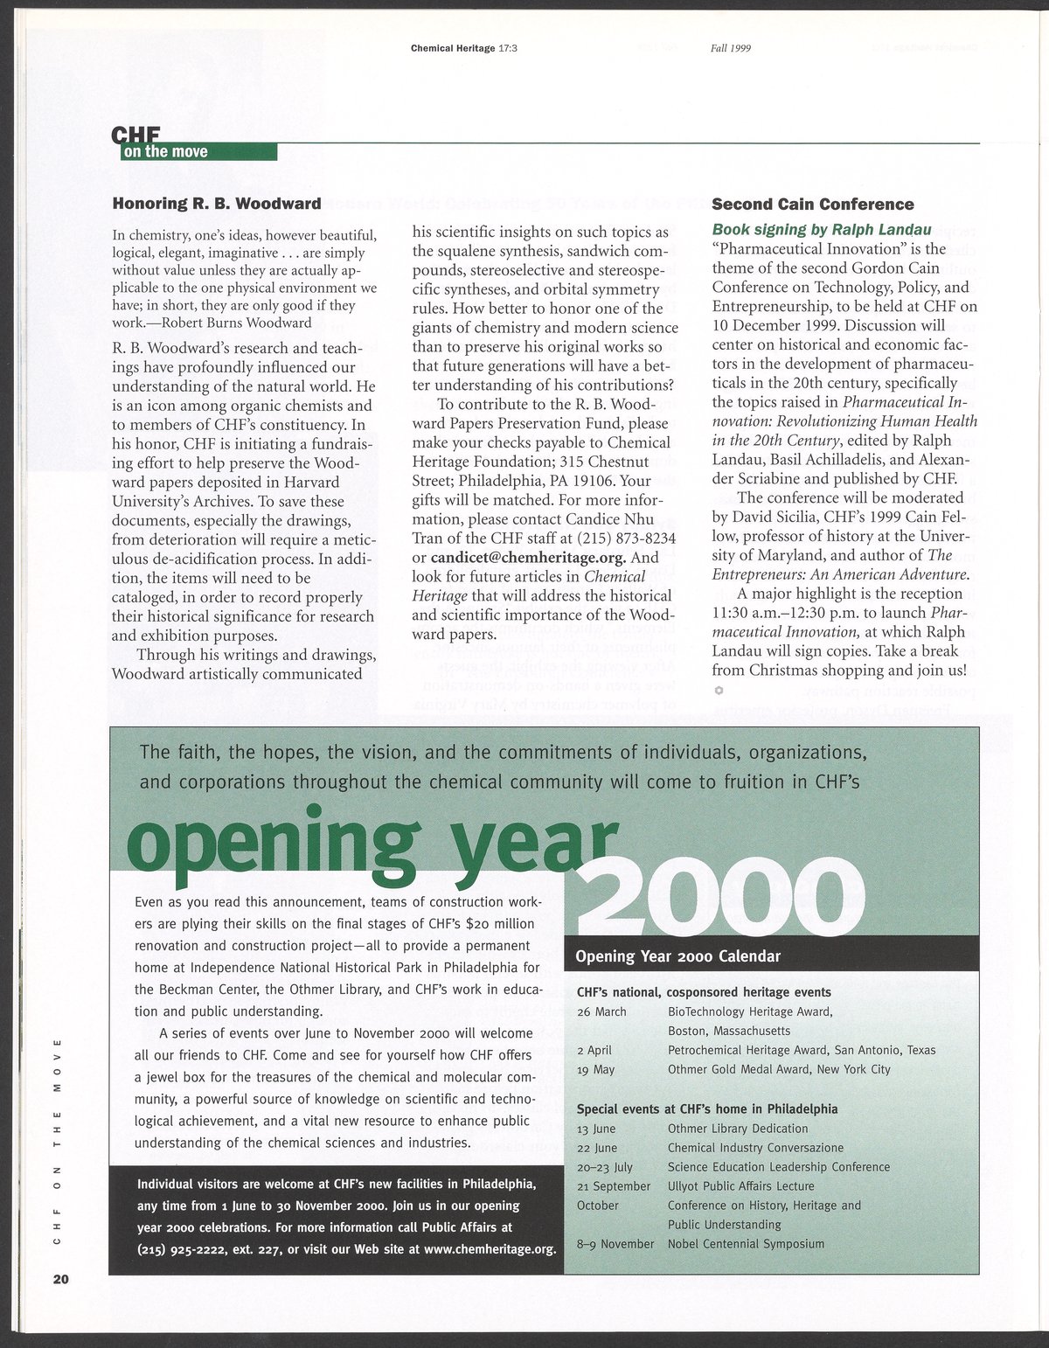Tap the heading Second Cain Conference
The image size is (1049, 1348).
813,205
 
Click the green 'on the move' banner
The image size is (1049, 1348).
198,152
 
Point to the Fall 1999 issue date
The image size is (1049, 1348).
731,49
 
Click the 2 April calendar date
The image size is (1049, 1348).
594,1050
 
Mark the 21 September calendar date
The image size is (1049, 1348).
614,1185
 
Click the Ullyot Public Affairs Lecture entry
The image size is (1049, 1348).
740,1185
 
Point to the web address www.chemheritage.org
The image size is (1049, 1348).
490,1248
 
